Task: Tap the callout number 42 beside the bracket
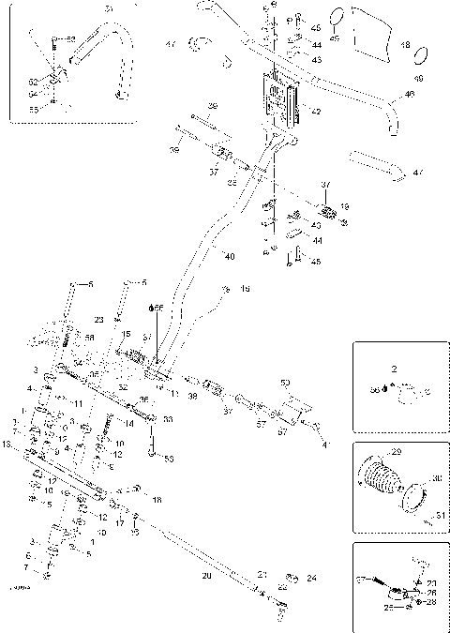click(315, 112)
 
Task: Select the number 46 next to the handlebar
click(409, 95)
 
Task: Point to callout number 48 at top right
click(405, 44)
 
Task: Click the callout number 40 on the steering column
click(230, 254)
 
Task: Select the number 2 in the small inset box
click(394, 370)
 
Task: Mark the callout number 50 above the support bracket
click(286, 383)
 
